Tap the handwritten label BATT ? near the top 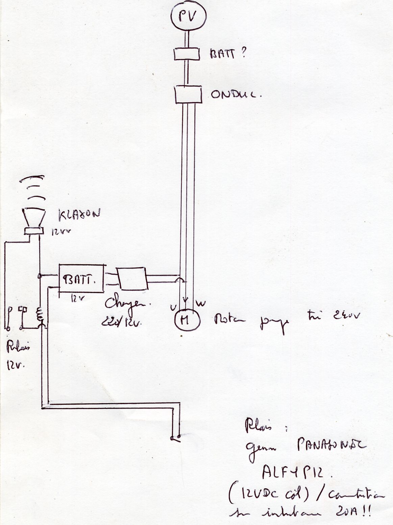(227, 54)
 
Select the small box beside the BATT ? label (187, 54)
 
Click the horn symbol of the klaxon (34, 219)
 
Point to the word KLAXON (79, 216)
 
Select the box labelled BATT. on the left (81, 279)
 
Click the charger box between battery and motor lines (132, 278)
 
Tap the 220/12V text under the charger (121, 322)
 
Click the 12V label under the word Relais (14, 366)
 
